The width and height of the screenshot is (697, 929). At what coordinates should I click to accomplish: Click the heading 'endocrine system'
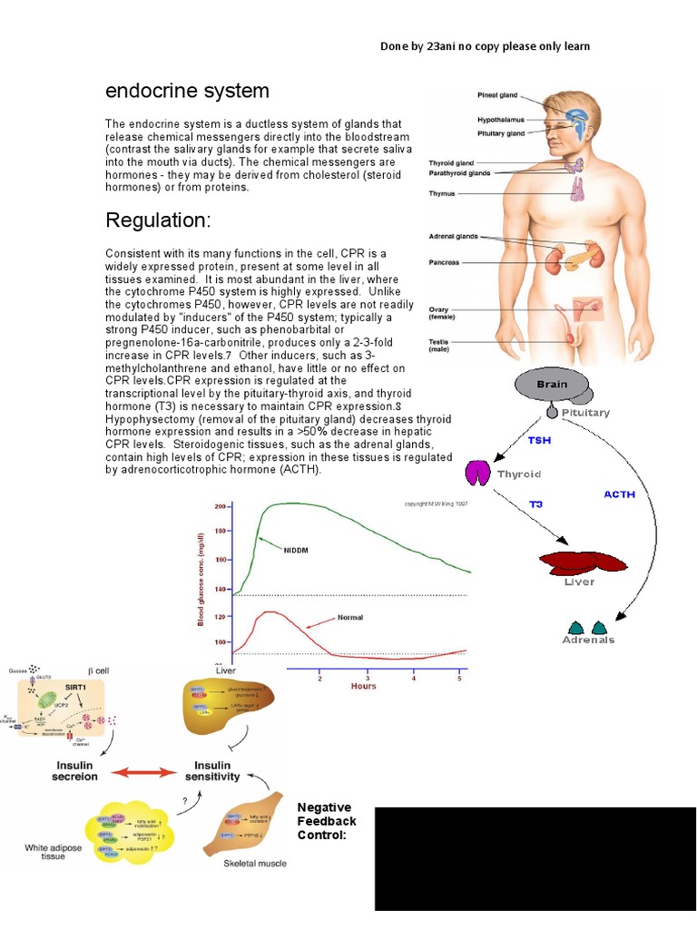pos(187,91)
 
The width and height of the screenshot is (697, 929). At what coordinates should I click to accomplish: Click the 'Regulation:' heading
pos(158,220)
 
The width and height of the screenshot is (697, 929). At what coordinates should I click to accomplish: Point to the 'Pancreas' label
pos(445,263)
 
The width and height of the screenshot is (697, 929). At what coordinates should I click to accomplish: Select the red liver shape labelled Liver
pos(583,562)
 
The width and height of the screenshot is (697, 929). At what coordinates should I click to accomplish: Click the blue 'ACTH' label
pos(619,494)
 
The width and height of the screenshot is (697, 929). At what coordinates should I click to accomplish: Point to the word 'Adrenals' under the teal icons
pos(588,640)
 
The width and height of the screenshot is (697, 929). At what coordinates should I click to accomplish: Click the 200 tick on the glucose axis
pos(220,506)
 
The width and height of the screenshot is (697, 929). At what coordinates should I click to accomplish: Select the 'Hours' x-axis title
pos(363,686)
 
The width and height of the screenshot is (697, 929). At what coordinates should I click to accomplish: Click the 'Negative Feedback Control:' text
pos(327,820)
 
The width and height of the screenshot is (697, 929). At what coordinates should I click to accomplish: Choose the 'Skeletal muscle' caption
pos(255,863)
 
